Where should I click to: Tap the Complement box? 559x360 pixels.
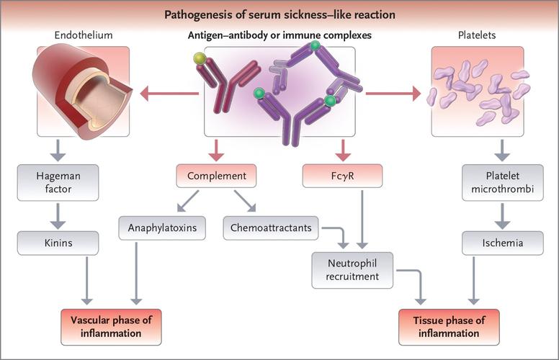click(x=216, y=176)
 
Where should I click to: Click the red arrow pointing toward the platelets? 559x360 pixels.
click(x=393, y=92)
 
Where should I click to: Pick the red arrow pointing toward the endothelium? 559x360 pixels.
click(x=169, y=92)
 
